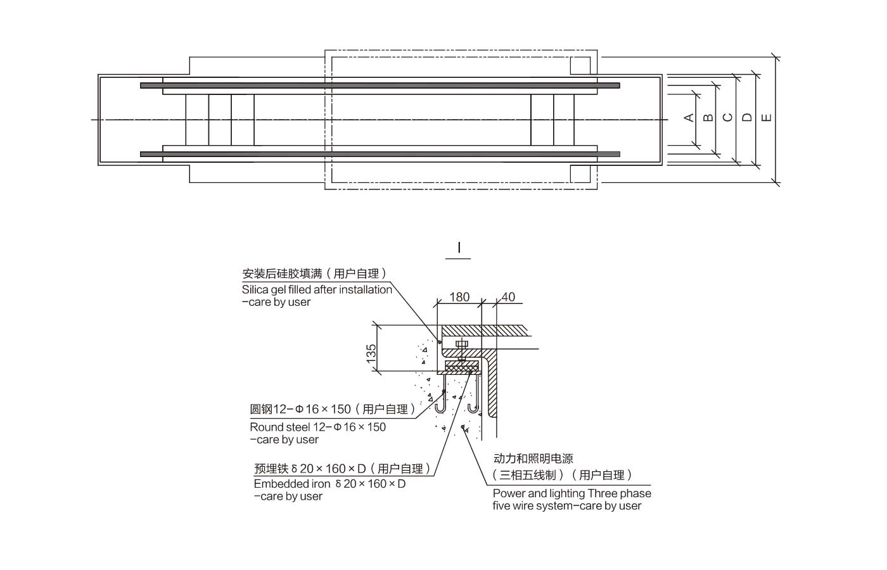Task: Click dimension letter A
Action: (x=689, y=117)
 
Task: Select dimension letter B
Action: (x=708, y=117)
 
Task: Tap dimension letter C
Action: (x=727, y=117)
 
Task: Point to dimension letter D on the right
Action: (x=747, y=117)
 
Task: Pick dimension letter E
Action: (x=767, y=117)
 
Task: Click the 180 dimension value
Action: (x=459, y=297)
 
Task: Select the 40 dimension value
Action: (x=508, y=297)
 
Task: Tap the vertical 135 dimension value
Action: (x=372, y=351)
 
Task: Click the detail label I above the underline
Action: (x=459, y=248)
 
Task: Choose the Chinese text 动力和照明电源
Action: (x=533, y=459)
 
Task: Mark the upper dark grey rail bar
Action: (x=380, y=85)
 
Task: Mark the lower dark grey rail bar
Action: (x=380, y=154)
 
